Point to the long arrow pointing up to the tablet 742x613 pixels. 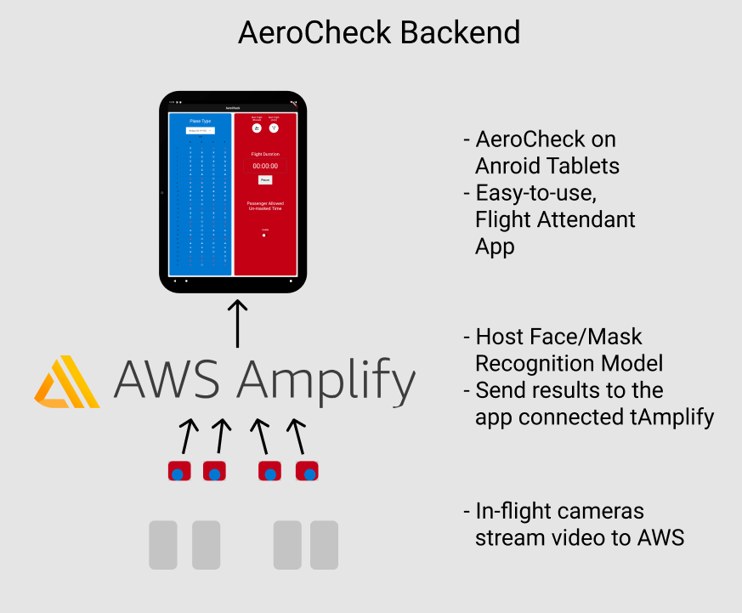[x=237, y=323]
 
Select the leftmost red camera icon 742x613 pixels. [x=178, y=472]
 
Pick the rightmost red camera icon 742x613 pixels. [x=307, y=472]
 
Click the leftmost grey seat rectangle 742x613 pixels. [x=163, y=545]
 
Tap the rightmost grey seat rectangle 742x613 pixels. [x=324, y=545]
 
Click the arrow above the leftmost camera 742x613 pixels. [x=188, y=435]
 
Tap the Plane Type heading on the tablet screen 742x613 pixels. [x=201, y=122]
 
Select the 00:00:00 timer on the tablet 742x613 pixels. [x=265, y=167]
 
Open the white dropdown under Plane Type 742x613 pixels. [x=201, y=131]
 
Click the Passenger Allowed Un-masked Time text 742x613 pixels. [x=265, y=207]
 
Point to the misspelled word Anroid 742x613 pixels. [x=506, y=166]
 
